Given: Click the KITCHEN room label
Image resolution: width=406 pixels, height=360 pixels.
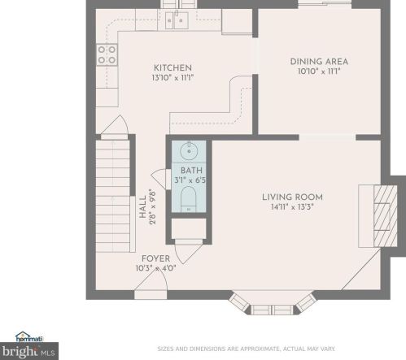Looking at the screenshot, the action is [172, 67].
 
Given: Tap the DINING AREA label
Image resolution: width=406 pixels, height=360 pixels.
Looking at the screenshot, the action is [319, 62].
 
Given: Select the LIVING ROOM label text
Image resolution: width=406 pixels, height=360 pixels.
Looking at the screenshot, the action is [292, 197].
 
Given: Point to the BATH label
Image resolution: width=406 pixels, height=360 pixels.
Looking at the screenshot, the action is [191, 171].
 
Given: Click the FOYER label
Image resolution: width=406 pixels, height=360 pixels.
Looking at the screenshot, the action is [156, 258].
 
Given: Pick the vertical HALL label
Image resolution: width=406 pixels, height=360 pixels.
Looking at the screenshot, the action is [142, 207].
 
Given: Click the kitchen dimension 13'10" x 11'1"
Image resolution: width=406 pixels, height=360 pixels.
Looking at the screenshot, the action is [172, 78].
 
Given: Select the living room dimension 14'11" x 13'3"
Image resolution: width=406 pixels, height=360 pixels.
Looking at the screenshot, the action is [292, 207].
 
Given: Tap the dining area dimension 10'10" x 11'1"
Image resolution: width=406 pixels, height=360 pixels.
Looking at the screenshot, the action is [319, 72].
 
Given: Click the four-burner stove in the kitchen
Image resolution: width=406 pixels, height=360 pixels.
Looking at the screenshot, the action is [107, 54].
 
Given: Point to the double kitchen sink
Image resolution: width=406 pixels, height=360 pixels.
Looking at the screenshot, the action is [177, 20].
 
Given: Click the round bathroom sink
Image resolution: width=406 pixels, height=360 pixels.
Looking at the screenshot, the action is [189, 151].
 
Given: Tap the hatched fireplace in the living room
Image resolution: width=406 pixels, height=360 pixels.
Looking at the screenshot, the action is [386, 216].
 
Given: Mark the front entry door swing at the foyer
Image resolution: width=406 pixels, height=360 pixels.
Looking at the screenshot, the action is [151, 283].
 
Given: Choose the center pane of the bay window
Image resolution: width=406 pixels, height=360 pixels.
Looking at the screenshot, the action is [272, 310].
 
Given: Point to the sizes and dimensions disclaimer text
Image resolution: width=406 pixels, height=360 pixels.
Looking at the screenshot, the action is [247, 349].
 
